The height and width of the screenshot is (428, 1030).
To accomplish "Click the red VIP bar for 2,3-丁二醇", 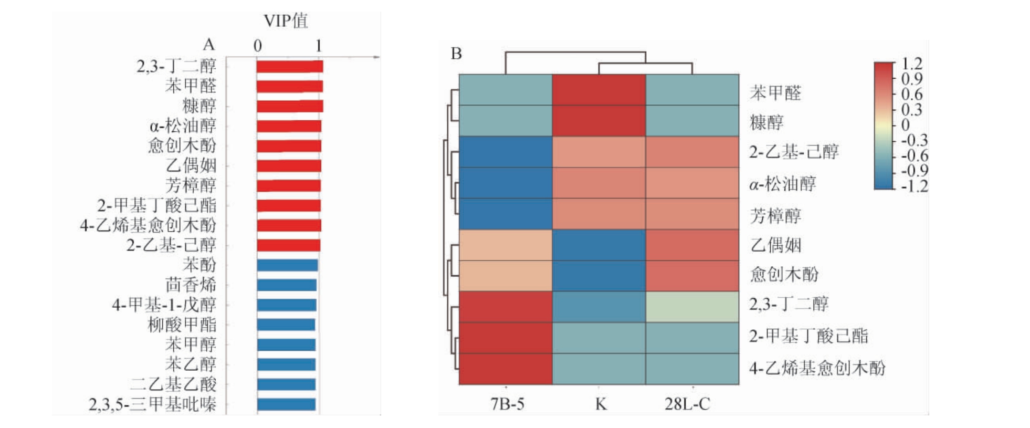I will pyautogui.click(x=289, y=66).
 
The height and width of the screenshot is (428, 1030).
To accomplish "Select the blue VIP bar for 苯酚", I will pyautogui.click(x=287, y=265).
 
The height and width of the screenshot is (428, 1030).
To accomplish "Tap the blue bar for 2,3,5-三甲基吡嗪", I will pyautogui.click(x=286, y=404).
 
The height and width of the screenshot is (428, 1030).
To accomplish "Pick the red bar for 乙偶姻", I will pyautogui.click(x=289, y=166).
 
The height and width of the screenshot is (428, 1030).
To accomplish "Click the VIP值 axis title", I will pyautogui.click(x=285, y=21).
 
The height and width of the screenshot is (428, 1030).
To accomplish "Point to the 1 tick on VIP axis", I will pyautogui.click(x=319, y=46).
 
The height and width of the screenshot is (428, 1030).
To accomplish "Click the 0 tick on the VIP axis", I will pyautogui.click(x=257, y=46).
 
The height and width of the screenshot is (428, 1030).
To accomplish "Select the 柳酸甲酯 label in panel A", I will pyautogui.click(x=182, y=325).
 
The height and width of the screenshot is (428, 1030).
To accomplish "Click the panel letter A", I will pyautogui.click(x=209, y=45).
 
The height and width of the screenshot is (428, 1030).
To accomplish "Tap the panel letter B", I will pyautogui.click(x=456, y=54).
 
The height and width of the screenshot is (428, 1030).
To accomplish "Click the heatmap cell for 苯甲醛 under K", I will pyautogui.click(x=599, y=90).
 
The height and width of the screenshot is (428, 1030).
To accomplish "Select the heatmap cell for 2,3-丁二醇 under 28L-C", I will pyautogui.click(x=692, y=307).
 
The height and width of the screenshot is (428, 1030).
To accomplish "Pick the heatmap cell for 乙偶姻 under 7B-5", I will pyautogui.click(x=506, y=245).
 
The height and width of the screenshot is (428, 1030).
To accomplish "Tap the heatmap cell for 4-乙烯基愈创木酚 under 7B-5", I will pyautogui.click(x=506, y=369).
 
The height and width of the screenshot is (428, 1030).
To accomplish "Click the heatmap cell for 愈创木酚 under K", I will pyautogui.click(x=599, y=276).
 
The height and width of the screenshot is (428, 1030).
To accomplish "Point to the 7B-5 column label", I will pyautogui.click(x=507, y=404).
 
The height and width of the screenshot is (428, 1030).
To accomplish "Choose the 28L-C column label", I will pyautogui.click(x=687, y=404).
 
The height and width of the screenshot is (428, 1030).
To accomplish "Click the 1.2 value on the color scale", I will pyautogui.click(x=912, y=64).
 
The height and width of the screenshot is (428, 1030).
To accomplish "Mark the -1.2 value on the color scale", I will pyautogui.click(x=914, y=186).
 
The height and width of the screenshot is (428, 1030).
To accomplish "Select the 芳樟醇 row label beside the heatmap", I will pyautogui.click(x=775, y=215).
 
